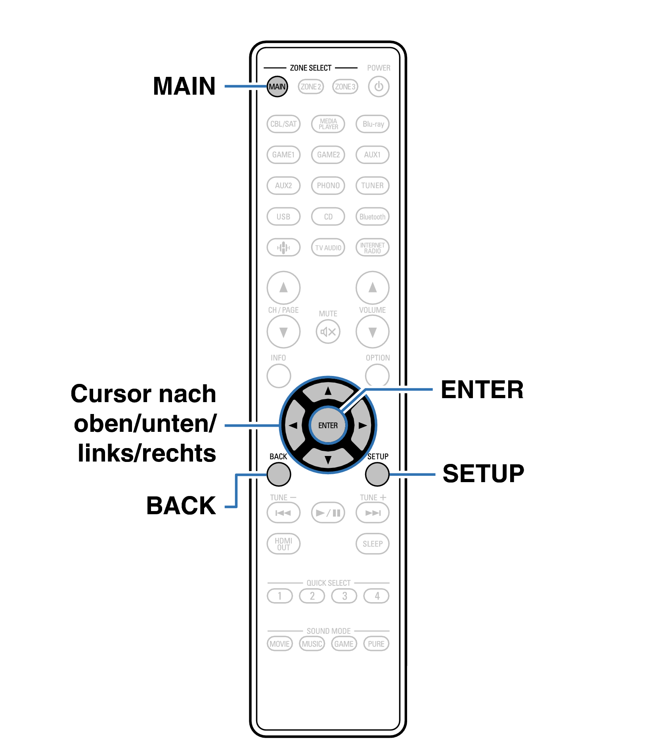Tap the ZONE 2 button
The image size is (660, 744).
(x=311, y=86)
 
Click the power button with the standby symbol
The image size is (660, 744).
(x=379, y=86)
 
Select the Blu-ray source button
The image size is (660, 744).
(x=373, y=124)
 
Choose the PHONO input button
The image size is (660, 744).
(x=328, y=185)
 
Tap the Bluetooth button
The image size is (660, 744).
(x=373, y=217)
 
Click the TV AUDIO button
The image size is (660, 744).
(x=328, y=248)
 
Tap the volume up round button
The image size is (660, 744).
(x=373, y=288)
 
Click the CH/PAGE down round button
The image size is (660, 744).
(x=283, y=332)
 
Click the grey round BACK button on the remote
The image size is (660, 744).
(x=279, y=474)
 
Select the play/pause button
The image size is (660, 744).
(x=328, y=513)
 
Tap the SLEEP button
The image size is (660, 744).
(x=373, y=544)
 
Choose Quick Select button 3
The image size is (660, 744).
(x=344, y=596)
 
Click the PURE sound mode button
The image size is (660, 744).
(x=376, y=644)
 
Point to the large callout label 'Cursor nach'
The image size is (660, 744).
(x=143, y=394)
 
